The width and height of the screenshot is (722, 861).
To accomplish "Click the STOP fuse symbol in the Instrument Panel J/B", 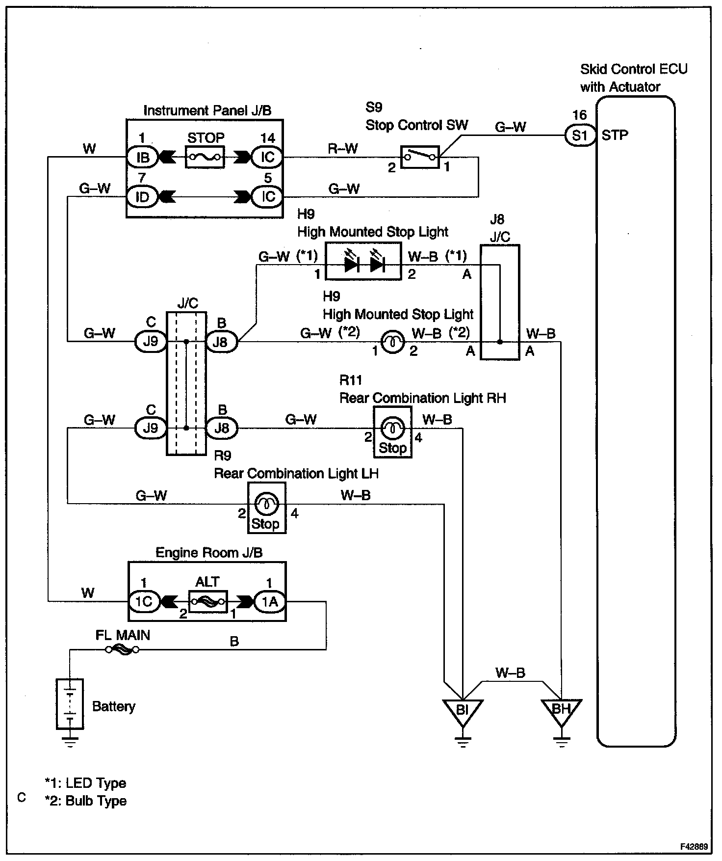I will click(x=205, y=157).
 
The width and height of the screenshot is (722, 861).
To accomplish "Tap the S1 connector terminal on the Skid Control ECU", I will click(x=579, y=135).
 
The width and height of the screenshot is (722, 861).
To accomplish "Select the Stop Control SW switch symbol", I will click(x=420, y=157).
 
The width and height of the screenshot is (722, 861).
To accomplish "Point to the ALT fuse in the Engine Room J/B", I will click(x=207, y=601).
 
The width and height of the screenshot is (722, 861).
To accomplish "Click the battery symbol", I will click(x=70, y=703).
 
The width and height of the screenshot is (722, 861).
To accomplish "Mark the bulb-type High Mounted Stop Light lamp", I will click(x=393, y=342).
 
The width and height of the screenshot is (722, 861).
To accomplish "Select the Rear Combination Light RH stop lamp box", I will click(x=392, y=432).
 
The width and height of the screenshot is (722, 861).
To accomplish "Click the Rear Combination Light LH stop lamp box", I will click(x=266, y=508).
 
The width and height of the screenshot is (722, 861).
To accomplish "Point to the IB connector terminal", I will click(x=143, y=157).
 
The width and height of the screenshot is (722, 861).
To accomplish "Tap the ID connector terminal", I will click(x=142, y=197).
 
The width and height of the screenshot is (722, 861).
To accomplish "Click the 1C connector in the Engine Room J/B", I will click(x=144, y=601).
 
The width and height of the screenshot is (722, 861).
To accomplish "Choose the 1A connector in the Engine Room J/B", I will click(x=269, y=601).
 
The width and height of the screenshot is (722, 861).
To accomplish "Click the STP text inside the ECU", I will click(x=615, y=135).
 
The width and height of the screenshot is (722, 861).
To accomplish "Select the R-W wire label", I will click(x=343, y=148).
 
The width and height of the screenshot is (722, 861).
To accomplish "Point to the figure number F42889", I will click(x=694, y=847).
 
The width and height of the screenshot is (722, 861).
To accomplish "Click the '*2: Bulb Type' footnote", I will click(x=86, y=801).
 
